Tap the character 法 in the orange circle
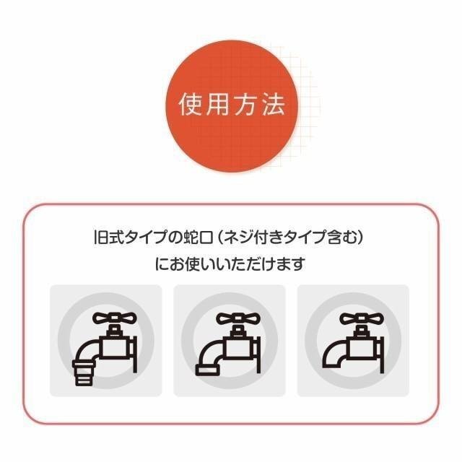point(274,105)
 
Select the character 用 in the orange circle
point(217,105)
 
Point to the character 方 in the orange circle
point(246,105)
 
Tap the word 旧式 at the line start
point(108,237)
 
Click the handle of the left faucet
point(115,318)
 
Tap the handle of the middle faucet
point(238,318)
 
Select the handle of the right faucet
point(362,318)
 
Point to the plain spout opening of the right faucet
point(332,366)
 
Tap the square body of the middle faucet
point(239,348)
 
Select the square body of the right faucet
point(362,348)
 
